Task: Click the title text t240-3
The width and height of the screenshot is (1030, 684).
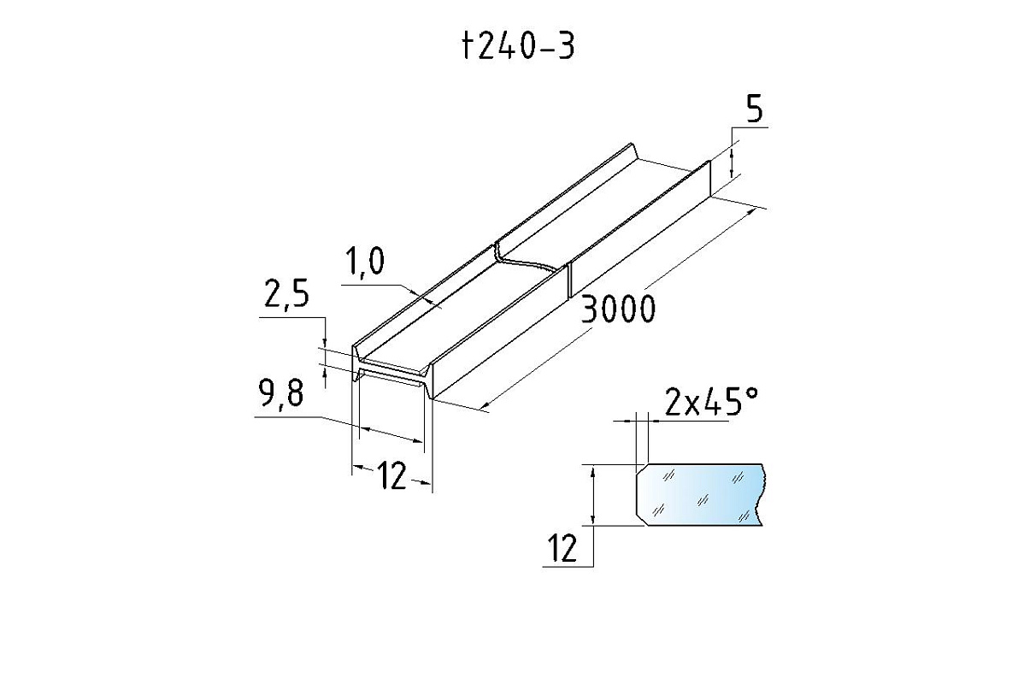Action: click(518, 47)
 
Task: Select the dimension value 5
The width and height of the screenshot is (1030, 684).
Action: click(754, 110)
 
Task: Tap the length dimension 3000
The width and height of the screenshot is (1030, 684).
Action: click(617, 310)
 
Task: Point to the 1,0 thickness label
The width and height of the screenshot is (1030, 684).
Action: click(364, 262)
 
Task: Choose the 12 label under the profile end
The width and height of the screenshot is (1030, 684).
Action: click(391, 476)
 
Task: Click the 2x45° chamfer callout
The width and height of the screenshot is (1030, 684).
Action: click(710, 402)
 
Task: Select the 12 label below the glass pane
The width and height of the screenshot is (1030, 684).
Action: click(562, 549)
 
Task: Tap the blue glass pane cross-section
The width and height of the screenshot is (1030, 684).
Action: click(700, 494)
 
